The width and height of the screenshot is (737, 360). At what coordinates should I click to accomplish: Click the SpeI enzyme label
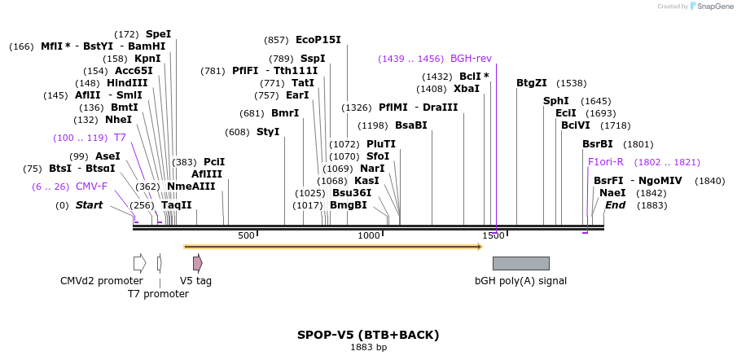[158, 34]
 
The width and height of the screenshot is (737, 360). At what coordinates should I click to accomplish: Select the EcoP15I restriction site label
[318, 39]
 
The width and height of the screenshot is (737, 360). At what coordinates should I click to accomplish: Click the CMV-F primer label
[91, 187]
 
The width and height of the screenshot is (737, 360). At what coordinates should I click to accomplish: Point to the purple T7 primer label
[120, 138]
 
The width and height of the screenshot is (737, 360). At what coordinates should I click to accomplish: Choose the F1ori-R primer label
[606, 162]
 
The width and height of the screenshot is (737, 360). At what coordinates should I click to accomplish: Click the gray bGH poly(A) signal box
[520, 263]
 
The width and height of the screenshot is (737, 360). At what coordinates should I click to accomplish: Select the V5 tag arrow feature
[197, 263]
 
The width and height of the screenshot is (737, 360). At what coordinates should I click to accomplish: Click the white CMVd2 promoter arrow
[139, 263]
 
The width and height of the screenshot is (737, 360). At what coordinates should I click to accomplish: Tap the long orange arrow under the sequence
[333, 246]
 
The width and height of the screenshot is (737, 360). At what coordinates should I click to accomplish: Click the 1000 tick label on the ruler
[370, 235]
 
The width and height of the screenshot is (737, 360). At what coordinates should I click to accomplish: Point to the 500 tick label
[246, 235]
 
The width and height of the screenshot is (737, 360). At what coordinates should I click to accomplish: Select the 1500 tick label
[494, 235]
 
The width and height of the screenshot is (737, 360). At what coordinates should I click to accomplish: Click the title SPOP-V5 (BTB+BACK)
[368, 335]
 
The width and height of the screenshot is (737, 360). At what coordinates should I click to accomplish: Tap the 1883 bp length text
[368, 348]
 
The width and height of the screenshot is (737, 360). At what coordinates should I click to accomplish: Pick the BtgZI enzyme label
[532, 83]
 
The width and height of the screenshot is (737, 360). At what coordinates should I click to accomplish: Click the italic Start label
[89, 205]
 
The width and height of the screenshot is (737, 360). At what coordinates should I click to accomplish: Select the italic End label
[615, 205]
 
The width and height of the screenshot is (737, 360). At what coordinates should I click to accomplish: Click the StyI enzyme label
[268, 132]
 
